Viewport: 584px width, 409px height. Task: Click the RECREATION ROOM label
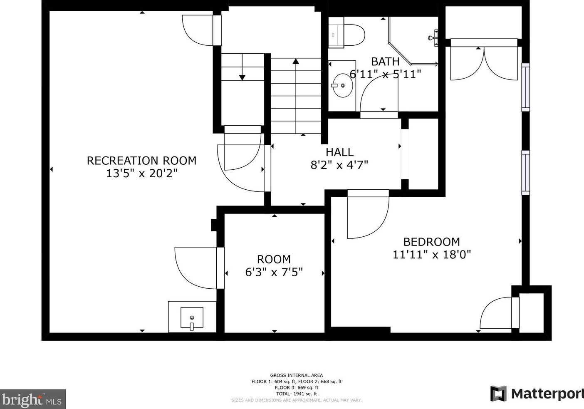pos(141,161)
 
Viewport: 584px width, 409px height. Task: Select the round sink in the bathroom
pos(342,85)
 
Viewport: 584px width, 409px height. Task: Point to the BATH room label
pos(385,62)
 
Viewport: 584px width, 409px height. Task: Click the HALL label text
pos(339,152)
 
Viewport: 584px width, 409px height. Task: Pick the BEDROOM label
pos(431,242)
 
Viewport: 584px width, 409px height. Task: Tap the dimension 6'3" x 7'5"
pos(274,272)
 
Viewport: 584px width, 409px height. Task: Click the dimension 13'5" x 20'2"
pos(141,173)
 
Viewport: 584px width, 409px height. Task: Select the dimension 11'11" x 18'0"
pos(432,254)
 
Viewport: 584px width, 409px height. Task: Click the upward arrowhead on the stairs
pos(296,61)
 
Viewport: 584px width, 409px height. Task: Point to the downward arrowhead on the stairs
pos(242,77)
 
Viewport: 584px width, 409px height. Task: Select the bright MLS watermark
pos(33,399)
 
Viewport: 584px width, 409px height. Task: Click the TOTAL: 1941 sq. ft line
pos(297,394)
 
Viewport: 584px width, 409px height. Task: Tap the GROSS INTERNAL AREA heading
pos(297,375)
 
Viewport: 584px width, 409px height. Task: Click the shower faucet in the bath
pos(433,38)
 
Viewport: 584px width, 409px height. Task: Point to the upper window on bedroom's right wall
pos(526,87)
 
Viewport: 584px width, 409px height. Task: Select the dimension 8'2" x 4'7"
pos(339,165)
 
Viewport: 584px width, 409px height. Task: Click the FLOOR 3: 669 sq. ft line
pos(297,388)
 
